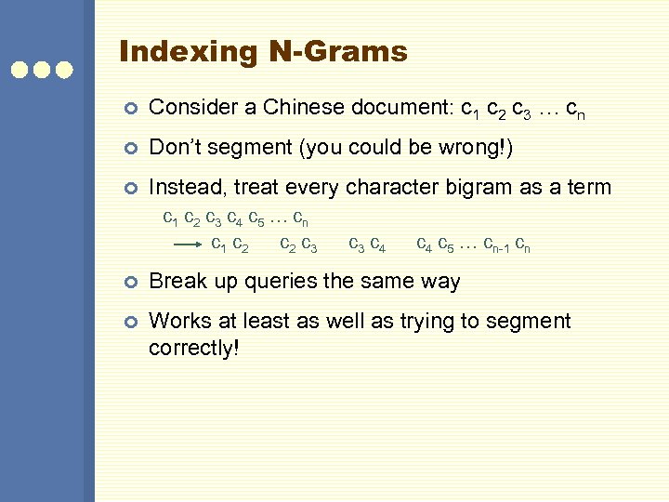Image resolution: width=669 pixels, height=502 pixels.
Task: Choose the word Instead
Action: click(x=186, y=188)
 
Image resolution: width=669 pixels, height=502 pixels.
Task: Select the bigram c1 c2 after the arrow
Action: click(x=230, y=246)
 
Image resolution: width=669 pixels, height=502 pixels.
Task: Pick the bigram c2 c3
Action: click(x=298, y=246)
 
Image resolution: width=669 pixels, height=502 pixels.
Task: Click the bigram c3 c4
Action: click(x=367, y=246)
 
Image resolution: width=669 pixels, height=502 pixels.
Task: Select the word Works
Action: click(x=177, y=322)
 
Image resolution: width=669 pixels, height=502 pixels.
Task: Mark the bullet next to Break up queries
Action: click(x=130, y=282)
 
